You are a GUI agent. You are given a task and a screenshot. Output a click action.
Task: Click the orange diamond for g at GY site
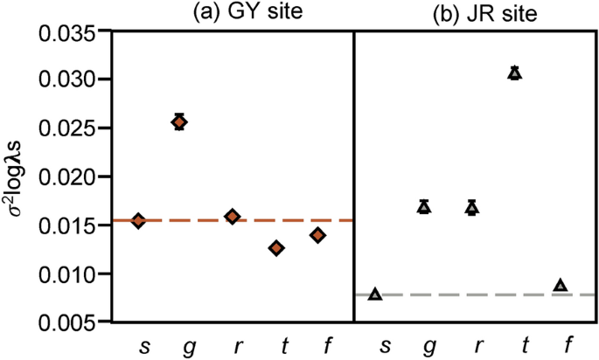(x=179, y=122)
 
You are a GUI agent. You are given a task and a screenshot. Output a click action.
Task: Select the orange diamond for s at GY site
(x=138, y=220)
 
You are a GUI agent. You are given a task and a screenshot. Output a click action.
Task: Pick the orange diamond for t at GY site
(x=276, y=248)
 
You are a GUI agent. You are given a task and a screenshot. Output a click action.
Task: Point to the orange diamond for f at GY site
(x=317, y=234)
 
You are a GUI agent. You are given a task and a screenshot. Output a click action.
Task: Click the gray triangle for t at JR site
(x=515, y=73)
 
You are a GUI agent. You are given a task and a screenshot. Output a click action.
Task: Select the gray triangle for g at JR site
(x=424, y=207)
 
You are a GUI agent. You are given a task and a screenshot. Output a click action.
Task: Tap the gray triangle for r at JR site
(x=472, y=208)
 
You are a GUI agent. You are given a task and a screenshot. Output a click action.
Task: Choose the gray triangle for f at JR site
(x=561, y=286)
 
